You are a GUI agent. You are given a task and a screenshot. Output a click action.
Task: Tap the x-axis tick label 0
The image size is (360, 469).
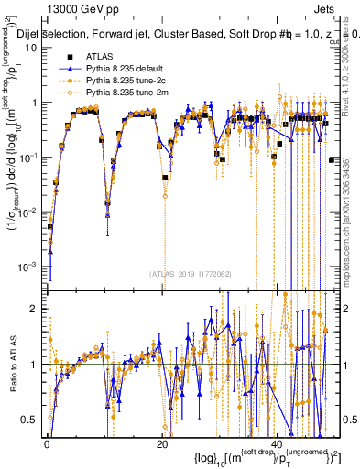click(47, 443)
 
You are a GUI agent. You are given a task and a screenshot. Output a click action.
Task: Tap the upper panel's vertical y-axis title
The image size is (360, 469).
click(13, 165)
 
